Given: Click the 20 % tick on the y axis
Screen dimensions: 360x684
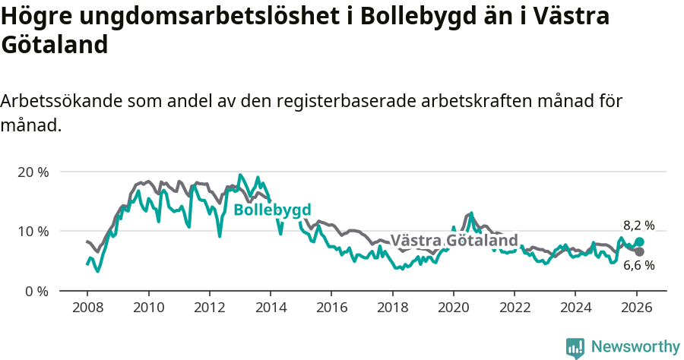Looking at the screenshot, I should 33,172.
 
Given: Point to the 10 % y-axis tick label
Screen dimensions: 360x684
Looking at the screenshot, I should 33,231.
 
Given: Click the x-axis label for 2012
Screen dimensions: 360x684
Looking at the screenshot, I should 209,308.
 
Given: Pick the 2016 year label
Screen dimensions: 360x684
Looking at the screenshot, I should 331,308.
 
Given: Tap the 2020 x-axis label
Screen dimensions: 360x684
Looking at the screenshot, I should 454,308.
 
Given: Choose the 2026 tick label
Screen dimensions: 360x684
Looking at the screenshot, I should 637,308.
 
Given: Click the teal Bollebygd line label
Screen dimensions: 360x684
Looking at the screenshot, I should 272,210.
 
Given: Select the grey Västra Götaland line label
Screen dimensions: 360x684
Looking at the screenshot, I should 454,241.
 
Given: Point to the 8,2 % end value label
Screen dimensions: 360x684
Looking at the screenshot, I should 638,226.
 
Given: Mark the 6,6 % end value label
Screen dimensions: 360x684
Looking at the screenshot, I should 638,265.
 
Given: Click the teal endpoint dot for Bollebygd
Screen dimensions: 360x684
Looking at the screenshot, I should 639,242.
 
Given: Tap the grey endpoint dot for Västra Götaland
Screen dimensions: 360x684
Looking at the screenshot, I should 639,251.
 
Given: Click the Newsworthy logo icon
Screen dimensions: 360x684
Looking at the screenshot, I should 575,347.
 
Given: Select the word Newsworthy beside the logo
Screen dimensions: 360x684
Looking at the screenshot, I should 635,347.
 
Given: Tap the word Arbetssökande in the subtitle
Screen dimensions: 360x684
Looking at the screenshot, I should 62,102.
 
